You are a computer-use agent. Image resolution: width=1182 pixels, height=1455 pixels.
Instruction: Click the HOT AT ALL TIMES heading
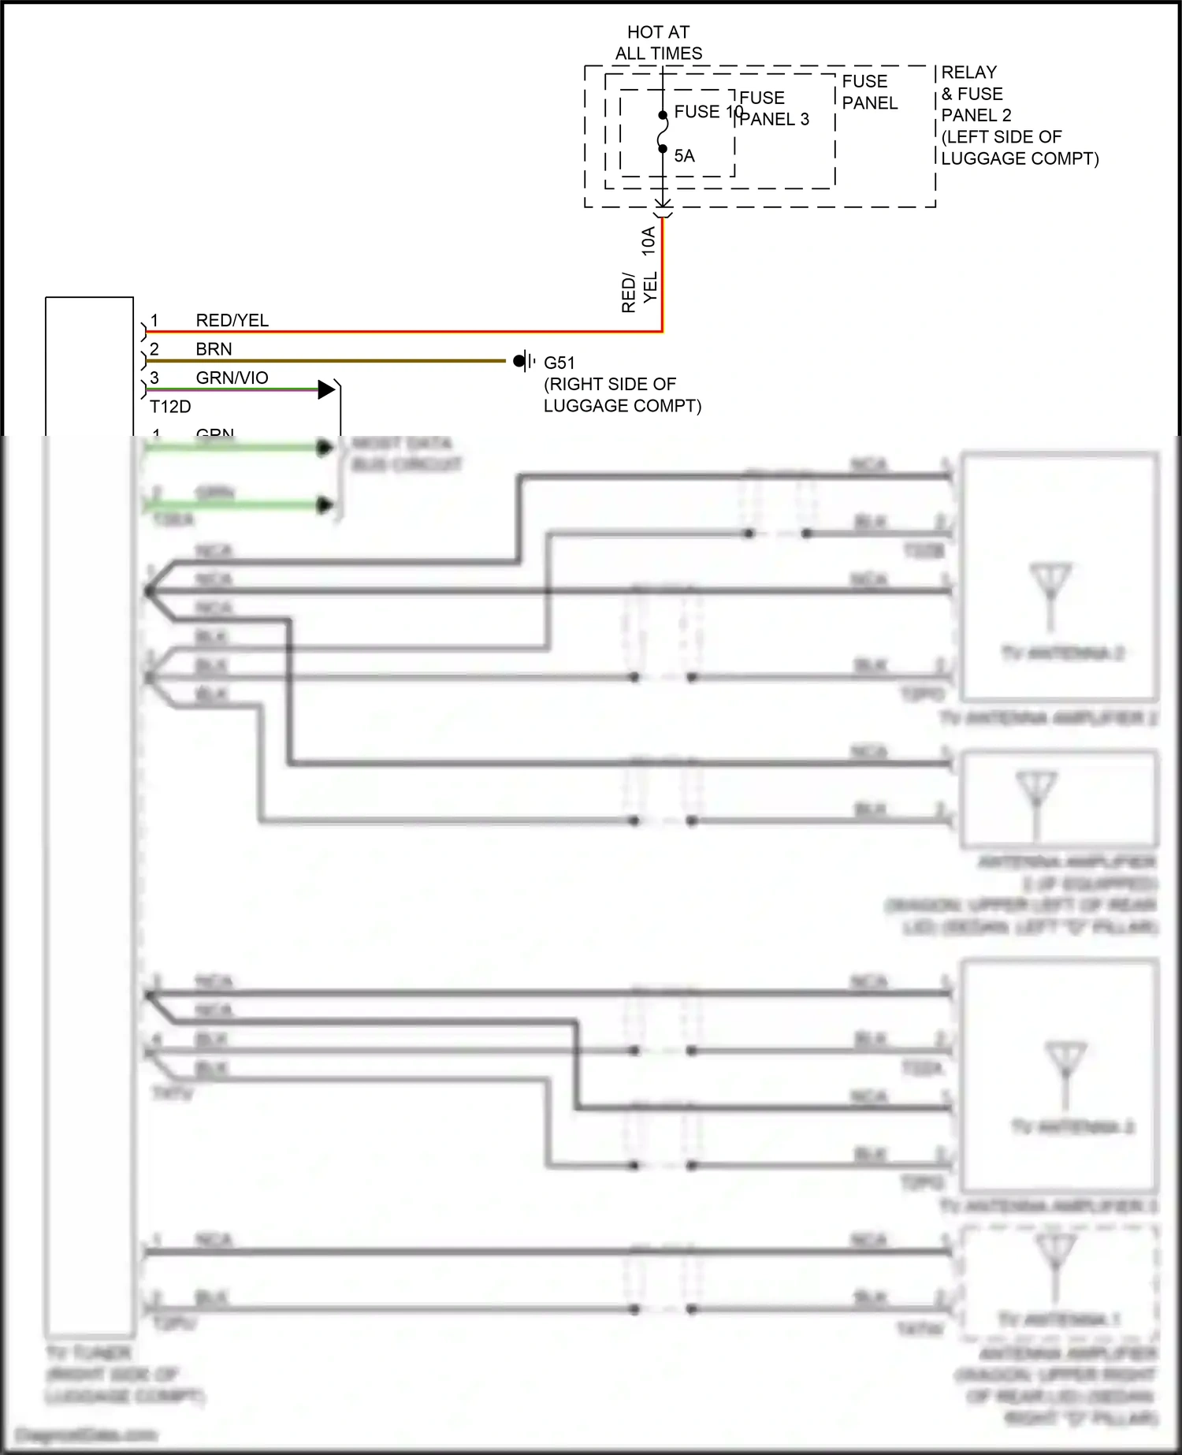pos(658,43)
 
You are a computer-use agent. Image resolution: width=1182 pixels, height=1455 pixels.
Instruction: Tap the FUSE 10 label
pos(708,112)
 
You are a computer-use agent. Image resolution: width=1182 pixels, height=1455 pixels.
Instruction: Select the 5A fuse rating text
pos(684,156)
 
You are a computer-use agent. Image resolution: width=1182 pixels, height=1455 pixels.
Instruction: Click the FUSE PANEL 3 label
pos(773,109)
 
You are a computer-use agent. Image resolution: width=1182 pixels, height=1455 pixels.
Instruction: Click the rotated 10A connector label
pos(648,240)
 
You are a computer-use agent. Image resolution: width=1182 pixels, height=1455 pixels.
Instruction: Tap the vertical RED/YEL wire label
pos(638,292)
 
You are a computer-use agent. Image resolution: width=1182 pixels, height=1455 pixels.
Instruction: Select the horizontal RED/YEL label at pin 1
pos(232,321)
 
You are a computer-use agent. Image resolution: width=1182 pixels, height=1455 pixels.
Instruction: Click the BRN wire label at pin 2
pos(214,349)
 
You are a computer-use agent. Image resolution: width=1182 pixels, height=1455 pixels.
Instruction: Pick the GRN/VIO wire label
pos(232,378)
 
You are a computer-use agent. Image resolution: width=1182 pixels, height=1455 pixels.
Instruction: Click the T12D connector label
pos(170,407)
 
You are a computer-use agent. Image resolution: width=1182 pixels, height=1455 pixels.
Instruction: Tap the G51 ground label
pos(559,363)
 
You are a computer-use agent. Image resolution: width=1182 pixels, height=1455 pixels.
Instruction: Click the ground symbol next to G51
pos(525,362)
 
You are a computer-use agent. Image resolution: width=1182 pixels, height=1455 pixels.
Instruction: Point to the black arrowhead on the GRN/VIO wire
pos(325,389)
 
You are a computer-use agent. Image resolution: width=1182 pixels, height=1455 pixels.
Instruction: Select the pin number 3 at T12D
pos(154,378)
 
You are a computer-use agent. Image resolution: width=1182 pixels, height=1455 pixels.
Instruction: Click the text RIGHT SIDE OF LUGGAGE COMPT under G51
pos(622,395)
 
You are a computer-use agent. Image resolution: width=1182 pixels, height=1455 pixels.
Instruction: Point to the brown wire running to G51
pos(331,361)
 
